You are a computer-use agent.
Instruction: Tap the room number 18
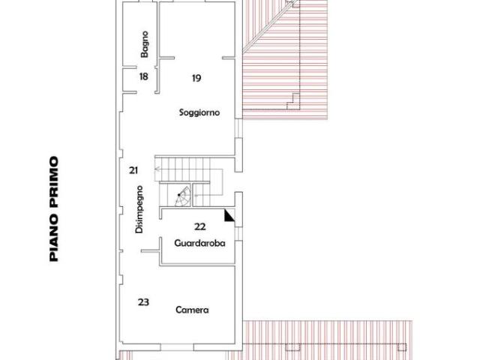(144, 77)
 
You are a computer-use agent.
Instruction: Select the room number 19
(196, 78)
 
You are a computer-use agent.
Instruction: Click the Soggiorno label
(199, 113)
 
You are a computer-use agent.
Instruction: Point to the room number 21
(133, 170)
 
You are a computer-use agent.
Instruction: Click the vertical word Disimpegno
(139, 209)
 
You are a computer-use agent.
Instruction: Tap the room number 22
(199, 226)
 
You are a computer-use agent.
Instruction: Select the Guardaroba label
(199, 243)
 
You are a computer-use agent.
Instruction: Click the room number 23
(143, 301)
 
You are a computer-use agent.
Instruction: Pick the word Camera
(192, 310)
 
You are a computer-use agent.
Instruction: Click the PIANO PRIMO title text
(54, 208)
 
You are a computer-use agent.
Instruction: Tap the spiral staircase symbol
(181, 198)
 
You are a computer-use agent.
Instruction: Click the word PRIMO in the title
(54, 180)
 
